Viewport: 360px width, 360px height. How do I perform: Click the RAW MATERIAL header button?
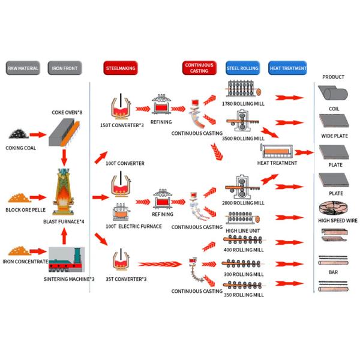[x=23, y=68]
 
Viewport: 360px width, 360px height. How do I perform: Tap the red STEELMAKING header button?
[x=121, y=68]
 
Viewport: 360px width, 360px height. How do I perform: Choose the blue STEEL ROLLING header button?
[x=242, y=68]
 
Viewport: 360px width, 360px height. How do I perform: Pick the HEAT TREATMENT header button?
[x=287, y=68]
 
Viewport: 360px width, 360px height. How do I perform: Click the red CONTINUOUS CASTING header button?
[x=199, y=68]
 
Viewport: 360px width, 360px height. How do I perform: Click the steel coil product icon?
[x=333, y=94]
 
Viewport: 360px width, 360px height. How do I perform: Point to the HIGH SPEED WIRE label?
[x=337, y=220]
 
